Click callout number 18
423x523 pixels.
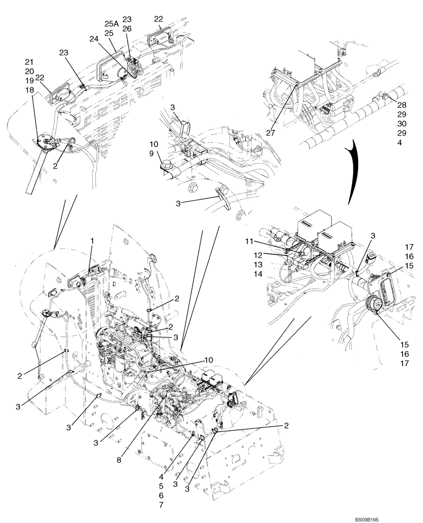[x=29, y=90]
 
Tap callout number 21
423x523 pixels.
[x=29, y=62]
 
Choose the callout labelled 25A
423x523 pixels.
[x=110, y=24]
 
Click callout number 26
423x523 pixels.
[x=127, y=29]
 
